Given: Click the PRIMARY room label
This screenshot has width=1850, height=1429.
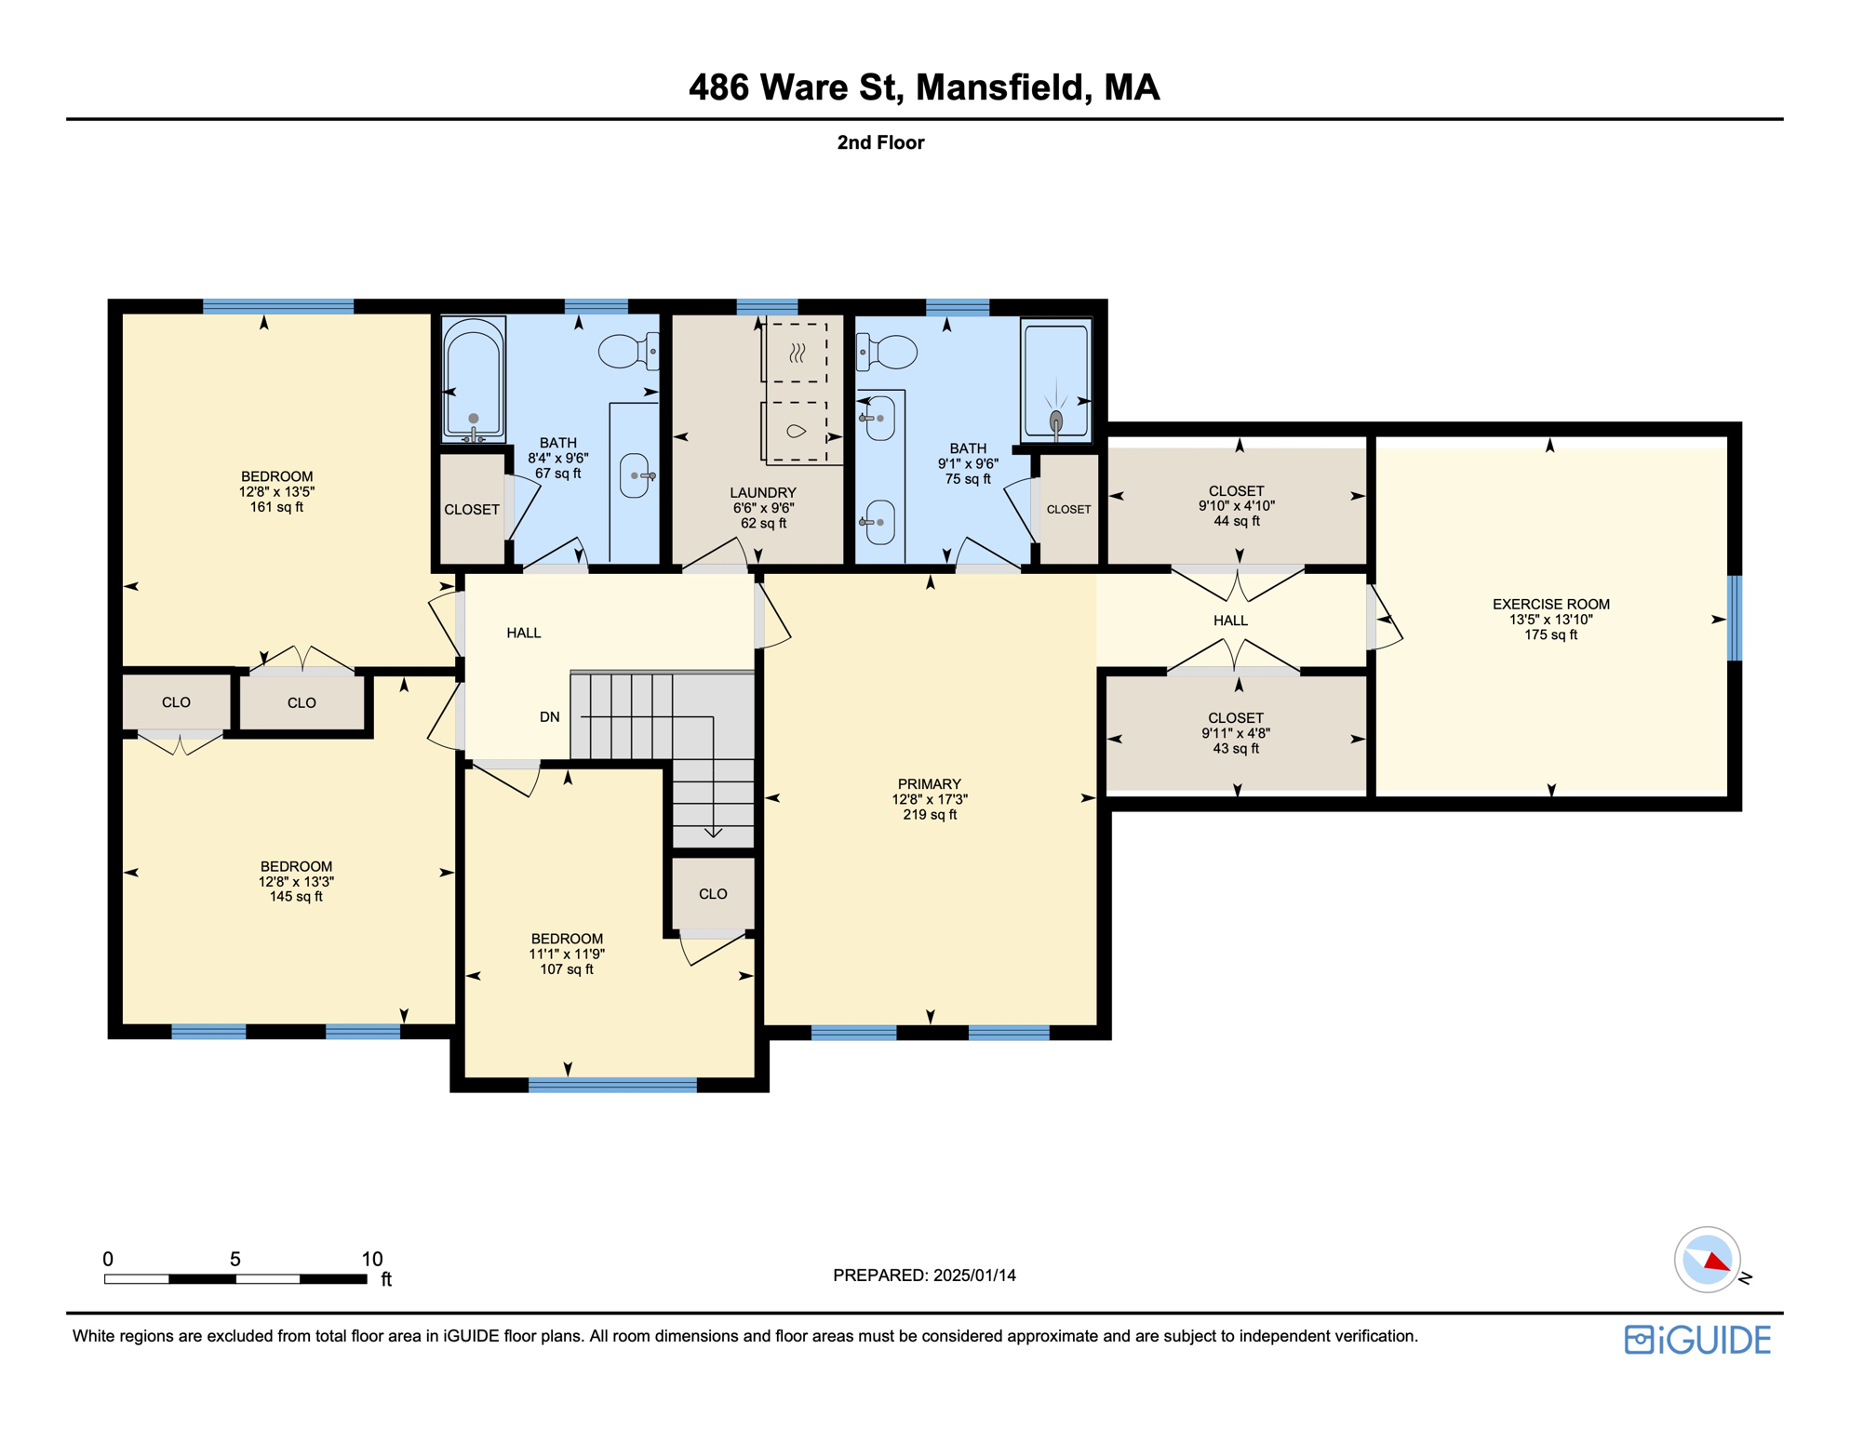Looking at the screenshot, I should click(x=929, y=784).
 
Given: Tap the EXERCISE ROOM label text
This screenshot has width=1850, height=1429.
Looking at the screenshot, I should click(x=1550, y=605).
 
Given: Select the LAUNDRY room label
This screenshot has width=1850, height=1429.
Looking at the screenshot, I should click(x=762, y=493).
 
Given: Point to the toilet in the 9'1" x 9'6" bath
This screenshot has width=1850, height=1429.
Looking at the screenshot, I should click(x=889, y=353).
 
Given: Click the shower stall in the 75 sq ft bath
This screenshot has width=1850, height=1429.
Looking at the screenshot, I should click(x=1055, y=380).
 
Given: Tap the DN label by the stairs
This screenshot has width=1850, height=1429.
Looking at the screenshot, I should click(x=550, y=717).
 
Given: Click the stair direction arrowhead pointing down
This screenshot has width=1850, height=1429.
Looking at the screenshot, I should click(x=714, y=832).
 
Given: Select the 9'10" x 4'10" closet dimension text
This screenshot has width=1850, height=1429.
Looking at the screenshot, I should click(x=1236, y=506).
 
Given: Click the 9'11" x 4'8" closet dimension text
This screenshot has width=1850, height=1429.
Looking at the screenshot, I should click(x=1235, y=733).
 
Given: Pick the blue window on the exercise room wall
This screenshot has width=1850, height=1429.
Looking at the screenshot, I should click(x=1734, y=619).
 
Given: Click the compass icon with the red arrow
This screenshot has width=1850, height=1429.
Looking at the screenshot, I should click(x=1708, y=1260).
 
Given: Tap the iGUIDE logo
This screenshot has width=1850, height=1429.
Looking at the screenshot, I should click(x=1697, y=1340).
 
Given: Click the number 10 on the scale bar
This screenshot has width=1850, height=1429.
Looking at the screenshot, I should click(x=371, y=1259).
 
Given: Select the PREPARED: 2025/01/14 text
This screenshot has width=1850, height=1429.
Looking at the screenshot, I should click(x=924, y=1275).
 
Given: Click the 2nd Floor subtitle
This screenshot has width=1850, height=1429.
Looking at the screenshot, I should click(x=880, y=142).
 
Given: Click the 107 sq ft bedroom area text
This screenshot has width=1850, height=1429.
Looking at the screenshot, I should click(x=566, y=969).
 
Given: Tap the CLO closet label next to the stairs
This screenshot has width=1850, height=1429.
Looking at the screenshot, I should click(x=713, y=894).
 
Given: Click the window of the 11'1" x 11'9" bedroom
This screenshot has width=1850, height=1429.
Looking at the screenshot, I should click(x=612, y=1085).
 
